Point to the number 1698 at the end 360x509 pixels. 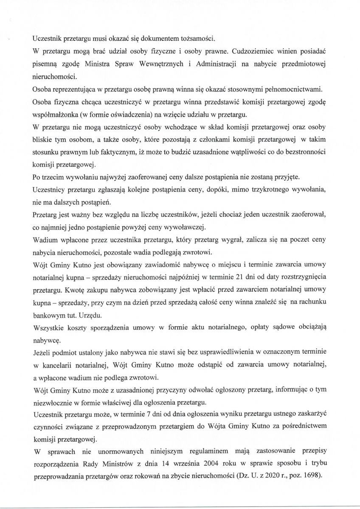click(x=311, y=475)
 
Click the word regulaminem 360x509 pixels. click(x=171, y=453)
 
